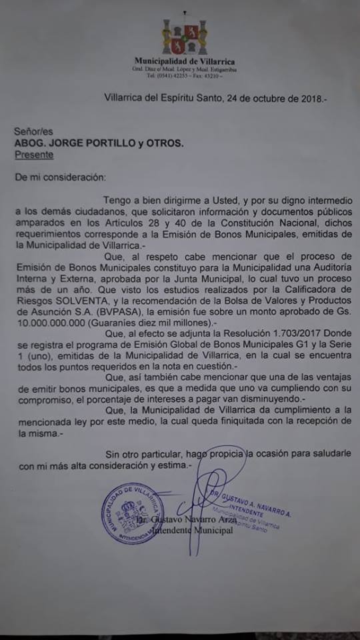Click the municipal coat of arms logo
[x=185, y=38]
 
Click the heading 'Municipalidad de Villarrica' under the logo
[x=185, y=61]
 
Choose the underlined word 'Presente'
[x=34, y=155]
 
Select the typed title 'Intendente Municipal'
[x=194, y=530]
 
